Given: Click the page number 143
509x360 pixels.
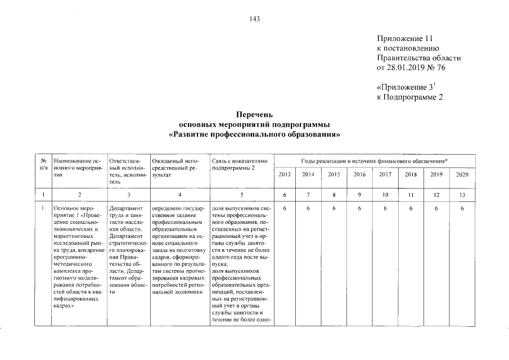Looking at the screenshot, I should point(254,19).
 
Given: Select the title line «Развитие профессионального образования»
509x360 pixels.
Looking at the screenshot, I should point(255,136).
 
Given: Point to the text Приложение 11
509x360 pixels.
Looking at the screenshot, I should point(404,38).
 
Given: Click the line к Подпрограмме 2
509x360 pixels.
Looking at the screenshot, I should point(410,98).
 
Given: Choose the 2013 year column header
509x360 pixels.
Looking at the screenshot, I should point(285,175).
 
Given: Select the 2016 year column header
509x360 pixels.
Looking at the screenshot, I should point(359,175).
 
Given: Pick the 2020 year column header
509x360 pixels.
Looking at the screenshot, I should point(462,175).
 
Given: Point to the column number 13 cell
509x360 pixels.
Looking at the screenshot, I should point(462,195).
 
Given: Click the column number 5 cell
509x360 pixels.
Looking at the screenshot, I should point(241,195).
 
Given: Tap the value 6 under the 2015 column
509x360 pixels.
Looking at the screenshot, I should point(334,209).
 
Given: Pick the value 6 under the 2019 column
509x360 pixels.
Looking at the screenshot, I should point(436,209).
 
